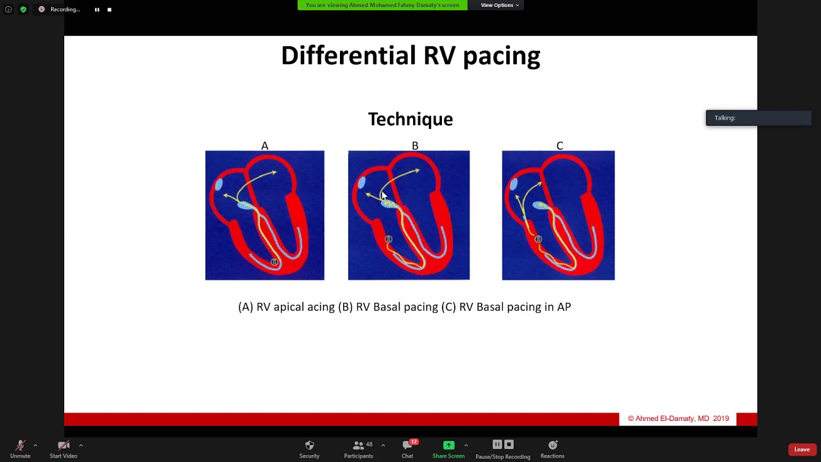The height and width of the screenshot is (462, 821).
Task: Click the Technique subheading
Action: (410, 119)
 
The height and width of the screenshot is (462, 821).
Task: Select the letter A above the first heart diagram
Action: (264, 146)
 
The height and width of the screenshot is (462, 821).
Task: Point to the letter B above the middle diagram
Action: (415, 146)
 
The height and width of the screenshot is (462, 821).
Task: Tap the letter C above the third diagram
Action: (559, 146)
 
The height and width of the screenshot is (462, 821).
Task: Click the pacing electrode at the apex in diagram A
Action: (275, 262)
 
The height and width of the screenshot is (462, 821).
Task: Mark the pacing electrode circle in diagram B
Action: (389, 239)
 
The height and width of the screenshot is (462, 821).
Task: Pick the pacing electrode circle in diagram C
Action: (538, 239)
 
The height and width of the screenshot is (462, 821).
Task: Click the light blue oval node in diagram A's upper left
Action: (219, 185)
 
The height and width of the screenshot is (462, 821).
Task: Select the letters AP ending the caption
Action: (564, 307)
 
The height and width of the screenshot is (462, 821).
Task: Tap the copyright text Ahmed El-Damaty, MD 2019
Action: (678, 418)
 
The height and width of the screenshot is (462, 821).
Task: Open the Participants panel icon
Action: (358, 445)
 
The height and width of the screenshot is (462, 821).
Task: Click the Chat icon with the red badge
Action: (407, 445)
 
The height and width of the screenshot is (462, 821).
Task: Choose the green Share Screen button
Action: (448, 445)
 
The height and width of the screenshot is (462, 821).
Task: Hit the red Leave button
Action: (802, 449)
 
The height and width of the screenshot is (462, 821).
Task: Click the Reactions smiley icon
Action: (552, 445)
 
